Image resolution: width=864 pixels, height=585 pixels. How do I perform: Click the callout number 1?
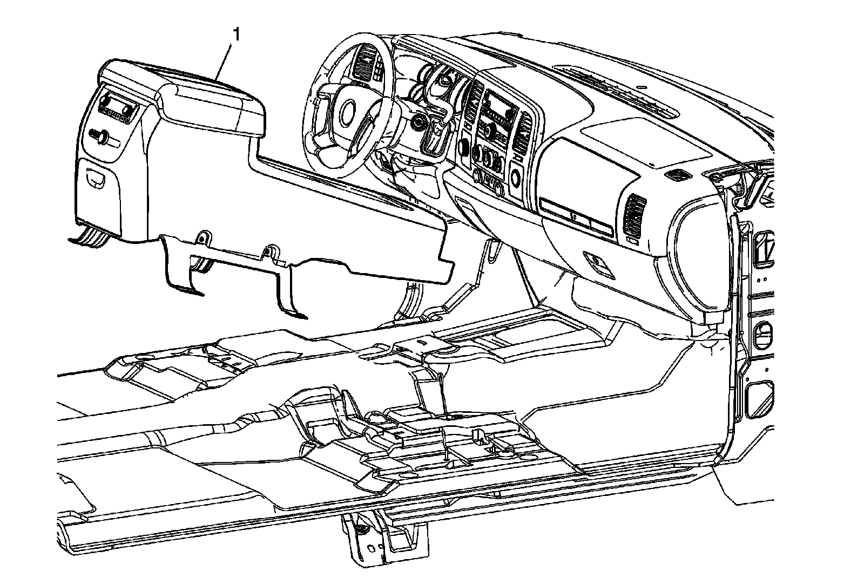(x=236, y=34)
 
